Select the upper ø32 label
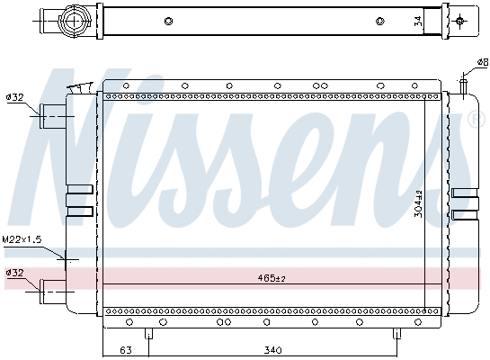tap(14, 97)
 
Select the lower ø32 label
tap(14, 273)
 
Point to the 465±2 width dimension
tap(270, 279)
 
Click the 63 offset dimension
tap(124, 350)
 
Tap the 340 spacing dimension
tap(273, 350)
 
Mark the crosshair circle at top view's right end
tap(460, 21)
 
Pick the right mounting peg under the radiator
tap(396, 334)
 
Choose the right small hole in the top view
tap(382, 22)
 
